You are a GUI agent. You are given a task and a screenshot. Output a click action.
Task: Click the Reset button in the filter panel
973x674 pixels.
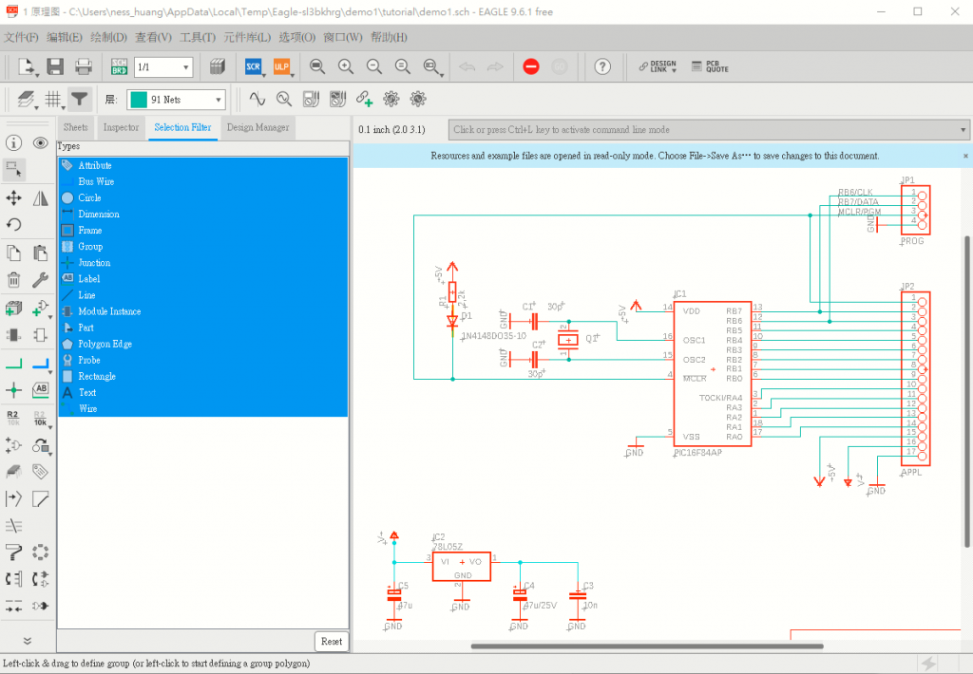point(332,641)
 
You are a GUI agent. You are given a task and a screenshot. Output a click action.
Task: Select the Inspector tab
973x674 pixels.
point(121,127)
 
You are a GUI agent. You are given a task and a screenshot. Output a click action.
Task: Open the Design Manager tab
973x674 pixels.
point(258,127)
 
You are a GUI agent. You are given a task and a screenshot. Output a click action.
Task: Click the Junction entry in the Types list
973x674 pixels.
point(94,263)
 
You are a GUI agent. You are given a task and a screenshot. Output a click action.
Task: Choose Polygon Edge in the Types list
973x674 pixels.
point(105,344)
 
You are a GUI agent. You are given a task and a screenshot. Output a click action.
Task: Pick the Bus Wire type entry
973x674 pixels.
point(96,181)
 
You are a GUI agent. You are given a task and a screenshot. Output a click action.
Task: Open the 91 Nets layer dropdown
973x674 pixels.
point(177,99)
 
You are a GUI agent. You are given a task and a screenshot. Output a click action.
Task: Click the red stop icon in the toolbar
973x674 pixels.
point(531,66)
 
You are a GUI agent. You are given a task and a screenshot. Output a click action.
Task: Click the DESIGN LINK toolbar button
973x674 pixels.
point(658,66)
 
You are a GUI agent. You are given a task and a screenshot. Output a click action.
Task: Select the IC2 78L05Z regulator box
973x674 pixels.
point(462,566)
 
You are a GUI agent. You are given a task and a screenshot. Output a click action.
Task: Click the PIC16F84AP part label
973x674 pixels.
point(697,454)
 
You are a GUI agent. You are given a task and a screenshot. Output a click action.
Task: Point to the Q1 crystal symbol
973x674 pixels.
point(567,340)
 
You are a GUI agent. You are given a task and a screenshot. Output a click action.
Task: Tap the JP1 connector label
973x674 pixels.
point(907,180)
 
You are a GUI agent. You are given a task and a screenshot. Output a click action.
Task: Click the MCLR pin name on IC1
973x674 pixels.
point(695,378)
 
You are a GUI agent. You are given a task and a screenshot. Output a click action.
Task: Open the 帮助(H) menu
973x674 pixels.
point(389,37)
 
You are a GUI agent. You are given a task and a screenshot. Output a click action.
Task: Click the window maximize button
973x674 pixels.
point(917,11)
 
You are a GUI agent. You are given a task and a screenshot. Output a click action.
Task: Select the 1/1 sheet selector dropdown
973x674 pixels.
point(163,66)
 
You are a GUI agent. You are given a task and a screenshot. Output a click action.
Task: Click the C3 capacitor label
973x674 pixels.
point(588,586)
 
